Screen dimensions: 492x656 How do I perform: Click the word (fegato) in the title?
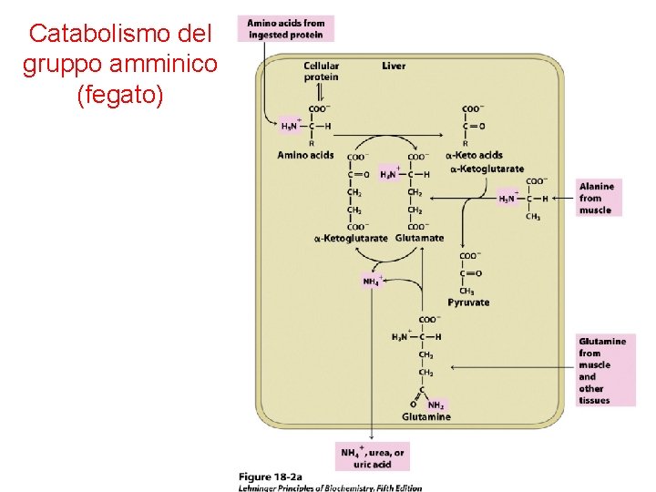pyautogui.click(x=120, y=94)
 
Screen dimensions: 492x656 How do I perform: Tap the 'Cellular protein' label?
pyautogui.click(x=321, y=71)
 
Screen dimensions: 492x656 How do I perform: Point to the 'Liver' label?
pyautogui.click(x=394, y=66)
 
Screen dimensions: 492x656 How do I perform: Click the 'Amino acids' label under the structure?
pyautogui.click(x=305, y=155)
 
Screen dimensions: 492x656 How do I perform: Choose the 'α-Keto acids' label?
pyautogui.click(x=474, y=155)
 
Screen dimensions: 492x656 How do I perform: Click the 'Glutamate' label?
pyautogui.click(x=419, y=238)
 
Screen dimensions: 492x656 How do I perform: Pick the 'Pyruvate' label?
pyautogui.click(x=468, y=302)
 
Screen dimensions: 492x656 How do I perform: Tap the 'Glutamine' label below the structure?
pyautogui.click(x=425, y=416)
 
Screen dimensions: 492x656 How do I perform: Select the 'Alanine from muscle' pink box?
pyautogui.click(x=596, y=198)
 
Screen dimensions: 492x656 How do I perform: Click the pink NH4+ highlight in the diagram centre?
pyautogui.click(x=372, y=281)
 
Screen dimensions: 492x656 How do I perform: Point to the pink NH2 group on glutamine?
pyautogui.click(x=436, y=405)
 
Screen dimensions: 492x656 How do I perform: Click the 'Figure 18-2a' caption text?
pyautogui.click(x=271, y=477)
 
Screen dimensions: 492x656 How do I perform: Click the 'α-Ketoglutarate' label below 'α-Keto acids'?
pyautogui.click(x=487, y=168)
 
